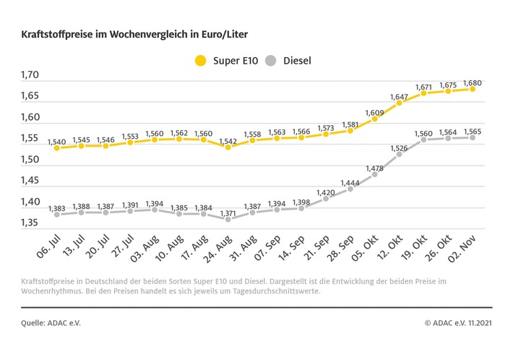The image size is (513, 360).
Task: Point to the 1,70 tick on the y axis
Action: (x=30, y=74)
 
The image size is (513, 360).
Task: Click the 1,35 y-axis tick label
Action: (x=30, y=222)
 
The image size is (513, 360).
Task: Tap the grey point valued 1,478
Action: (x=374, y=174)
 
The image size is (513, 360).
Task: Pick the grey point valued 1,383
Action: (x=56, y=215)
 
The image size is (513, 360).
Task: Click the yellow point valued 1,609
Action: (x=374, y=119)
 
